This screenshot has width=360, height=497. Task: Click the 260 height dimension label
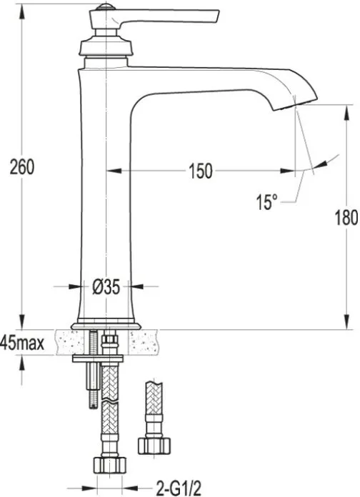22,167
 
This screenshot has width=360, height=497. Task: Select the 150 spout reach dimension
201,171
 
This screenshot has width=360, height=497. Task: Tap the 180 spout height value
346,218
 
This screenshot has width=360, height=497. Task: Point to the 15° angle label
266,202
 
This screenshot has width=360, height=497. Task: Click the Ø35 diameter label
106,287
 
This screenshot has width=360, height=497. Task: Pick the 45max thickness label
22,343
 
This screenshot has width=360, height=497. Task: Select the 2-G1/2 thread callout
179,488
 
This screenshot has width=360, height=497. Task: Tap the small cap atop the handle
106,6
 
